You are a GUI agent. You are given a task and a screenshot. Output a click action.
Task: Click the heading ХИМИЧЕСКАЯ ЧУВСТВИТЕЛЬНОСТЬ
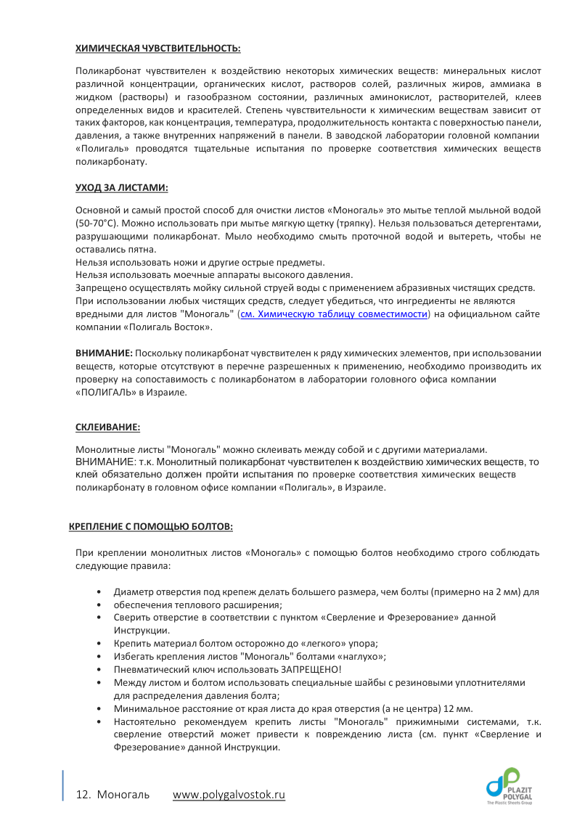click(157, 48)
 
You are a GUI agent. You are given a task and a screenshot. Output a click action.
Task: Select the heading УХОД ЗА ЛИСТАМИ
click(121, 187)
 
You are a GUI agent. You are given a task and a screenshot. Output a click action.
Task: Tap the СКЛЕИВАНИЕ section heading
click(108, 427)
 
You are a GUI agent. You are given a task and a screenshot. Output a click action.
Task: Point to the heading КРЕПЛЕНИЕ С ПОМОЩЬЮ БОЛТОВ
click(151, 525)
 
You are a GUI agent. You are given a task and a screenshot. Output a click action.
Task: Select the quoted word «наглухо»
click(360, 656)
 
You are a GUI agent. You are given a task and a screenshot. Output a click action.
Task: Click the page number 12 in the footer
click(82, 795)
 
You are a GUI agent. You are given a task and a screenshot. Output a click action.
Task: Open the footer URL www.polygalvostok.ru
click(229, 795)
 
